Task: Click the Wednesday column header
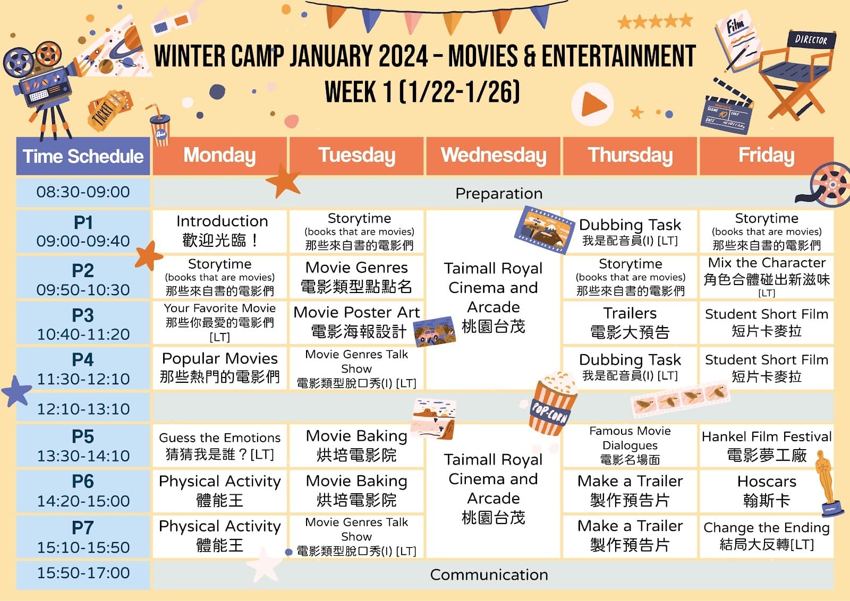click(494, 156)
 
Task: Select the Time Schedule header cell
click(83, 156)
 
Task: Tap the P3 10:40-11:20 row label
click(83, 323)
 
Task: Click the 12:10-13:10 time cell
click(83, 408)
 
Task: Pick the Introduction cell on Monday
click(220, 231)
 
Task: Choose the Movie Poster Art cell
click(356, 323)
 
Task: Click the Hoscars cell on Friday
click(767, 491)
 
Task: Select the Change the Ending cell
click(767, 537)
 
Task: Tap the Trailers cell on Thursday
click(630, 323)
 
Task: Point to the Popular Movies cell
click(220, 368)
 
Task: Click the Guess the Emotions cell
click(220, 445)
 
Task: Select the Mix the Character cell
click(767, 277)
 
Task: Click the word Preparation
click(499, 193)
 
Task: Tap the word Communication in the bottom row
click(489, 575)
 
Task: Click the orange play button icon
click(592, 104)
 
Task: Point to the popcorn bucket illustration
click(552, 403)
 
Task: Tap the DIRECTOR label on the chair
click(811, 40)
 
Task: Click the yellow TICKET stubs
click(110, 110)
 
